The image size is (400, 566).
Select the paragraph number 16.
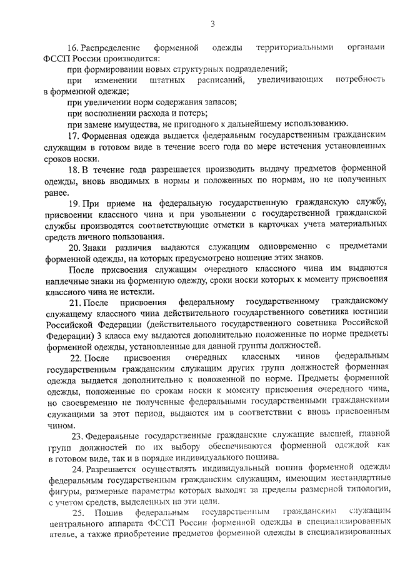(x=72, y=48)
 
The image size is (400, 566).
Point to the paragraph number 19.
(x=74, y=205)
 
